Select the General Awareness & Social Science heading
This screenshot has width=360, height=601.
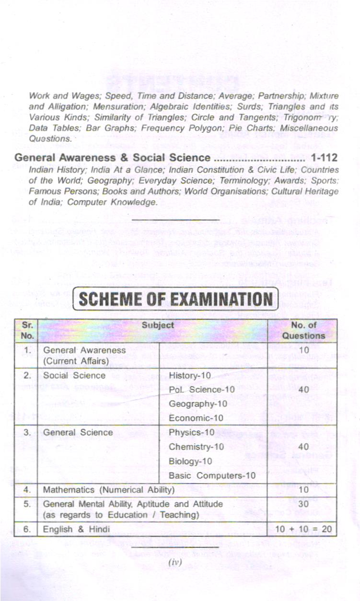click(x=112, y=158)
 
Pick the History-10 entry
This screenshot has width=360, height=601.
click(x=187, y=375)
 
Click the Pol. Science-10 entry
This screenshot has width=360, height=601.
click(x=202, y=390)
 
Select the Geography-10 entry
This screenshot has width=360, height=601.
click(x=198, y=404)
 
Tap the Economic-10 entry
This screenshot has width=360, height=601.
click(x=196, y=418)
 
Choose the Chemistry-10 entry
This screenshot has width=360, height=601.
click(x=196, y=447)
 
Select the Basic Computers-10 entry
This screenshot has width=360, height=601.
click(x=212, y=476)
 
